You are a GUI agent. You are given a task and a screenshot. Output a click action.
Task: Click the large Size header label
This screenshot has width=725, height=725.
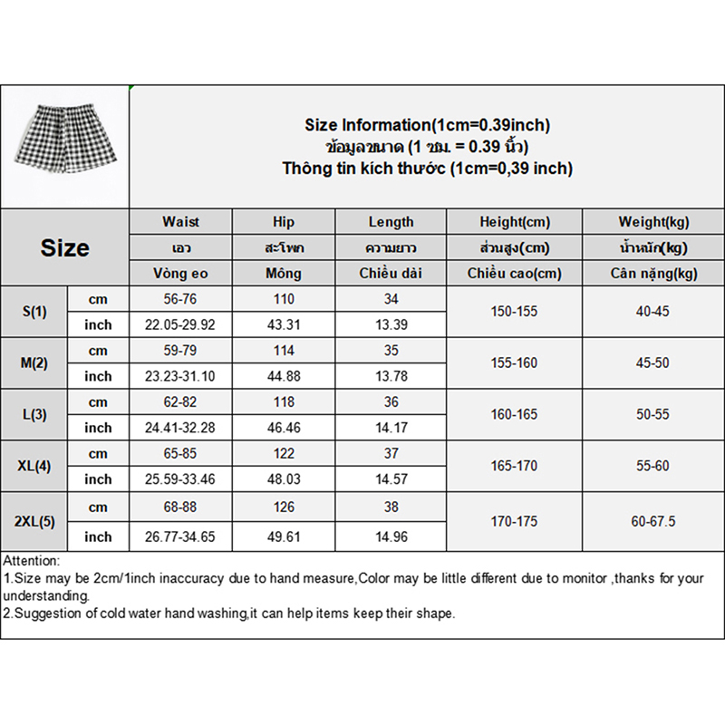pos(64,247)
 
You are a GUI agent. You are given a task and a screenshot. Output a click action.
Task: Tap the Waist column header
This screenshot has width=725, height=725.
pos(180,222)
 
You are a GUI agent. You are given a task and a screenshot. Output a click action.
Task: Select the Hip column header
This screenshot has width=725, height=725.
pos(284,222)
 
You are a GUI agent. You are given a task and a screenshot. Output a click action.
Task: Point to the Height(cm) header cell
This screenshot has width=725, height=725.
pos(515,222)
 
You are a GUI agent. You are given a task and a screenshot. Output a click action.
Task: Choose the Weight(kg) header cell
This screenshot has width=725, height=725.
pos(652,222)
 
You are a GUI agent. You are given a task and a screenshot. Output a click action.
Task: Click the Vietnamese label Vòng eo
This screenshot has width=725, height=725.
pos(180,273)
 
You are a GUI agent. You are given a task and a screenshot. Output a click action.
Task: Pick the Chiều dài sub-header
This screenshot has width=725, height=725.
pos(391,273)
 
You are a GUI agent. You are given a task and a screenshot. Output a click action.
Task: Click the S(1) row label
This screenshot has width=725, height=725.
pos(34,312)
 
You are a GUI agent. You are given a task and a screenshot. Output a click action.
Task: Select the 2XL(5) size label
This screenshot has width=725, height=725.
pos(34,522)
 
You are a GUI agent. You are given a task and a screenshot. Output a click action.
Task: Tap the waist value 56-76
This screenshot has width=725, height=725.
pos(180,299)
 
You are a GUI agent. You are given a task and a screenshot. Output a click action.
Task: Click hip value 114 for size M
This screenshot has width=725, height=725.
pos(284,351)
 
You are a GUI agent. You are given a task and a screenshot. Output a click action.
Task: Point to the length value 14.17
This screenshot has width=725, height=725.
pos(391,428)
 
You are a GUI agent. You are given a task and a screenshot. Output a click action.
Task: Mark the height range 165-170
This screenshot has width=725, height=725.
pos(515,466)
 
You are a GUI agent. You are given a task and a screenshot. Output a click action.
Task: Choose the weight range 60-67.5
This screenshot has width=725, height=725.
pos(652,522)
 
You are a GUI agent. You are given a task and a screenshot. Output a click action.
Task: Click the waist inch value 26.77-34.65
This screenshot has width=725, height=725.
pos(180,537)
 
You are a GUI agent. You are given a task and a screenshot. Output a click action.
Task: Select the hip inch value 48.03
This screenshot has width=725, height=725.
pos(284,479)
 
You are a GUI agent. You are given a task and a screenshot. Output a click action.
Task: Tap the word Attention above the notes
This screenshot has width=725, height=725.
pos(31,562)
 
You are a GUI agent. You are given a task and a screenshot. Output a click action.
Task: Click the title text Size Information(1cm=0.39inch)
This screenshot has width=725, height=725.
pos(427,125)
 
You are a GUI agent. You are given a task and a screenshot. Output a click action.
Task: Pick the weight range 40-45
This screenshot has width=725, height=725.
pos(652,312)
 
